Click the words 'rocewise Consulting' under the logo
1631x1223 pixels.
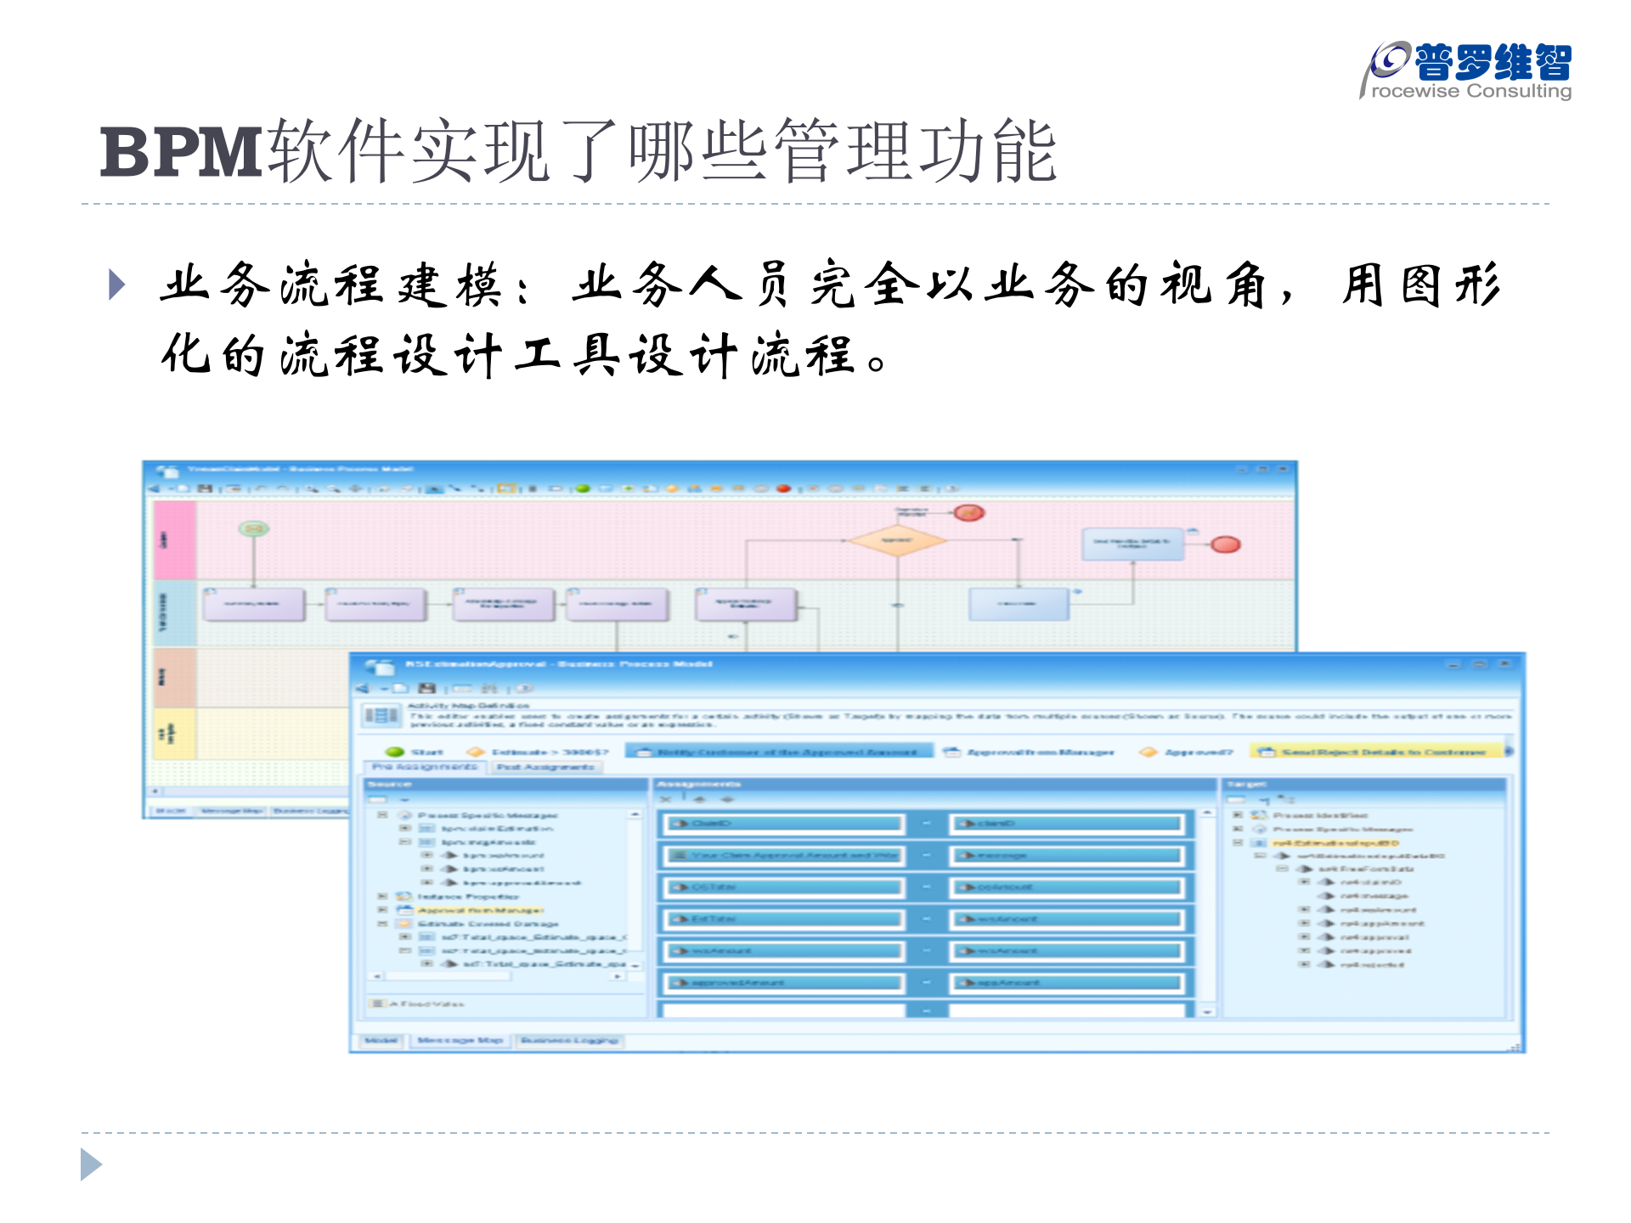(x=1471, y=91)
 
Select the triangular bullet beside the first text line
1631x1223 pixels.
(x=117, y=285)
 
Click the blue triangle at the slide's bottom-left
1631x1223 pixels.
(x=91, y=1164)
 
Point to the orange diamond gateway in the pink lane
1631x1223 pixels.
(x=897, y=541)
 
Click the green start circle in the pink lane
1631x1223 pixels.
(x=253, y=529)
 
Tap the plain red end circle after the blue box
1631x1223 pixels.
(x=1225, y=544)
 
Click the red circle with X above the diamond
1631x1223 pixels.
(x=968, y=513)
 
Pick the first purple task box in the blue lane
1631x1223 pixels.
(x=253, y=605)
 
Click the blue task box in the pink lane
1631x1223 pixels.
(x=1132, y=544)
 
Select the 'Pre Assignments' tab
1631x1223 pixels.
(x=425, y=767)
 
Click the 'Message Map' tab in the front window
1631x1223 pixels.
(x=460, y=1040)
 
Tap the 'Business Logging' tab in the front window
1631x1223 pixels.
(x=569, y=1040)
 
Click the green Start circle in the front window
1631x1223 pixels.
(x=395, y=752)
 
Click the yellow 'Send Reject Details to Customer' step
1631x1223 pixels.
(x=1376, y=752)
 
